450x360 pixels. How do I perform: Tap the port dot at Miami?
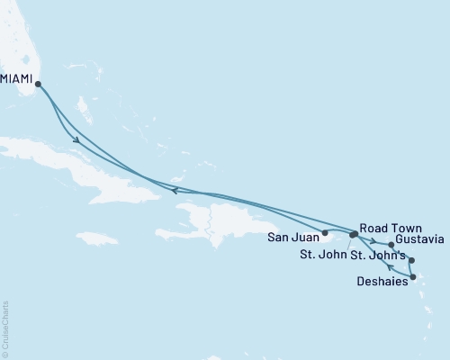point(38,85)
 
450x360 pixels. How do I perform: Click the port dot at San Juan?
point(325,232)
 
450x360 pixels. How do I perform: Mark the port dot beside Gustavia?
point(391,244)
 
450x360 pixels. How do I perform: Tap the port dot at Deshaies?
point(412,277)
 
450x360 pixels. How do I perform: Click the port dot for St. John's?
point(411,261)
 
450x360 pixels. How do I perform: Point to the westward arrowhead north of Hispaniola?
point(174,189)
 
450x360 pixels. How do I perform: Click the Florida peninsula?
point(22,45)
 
